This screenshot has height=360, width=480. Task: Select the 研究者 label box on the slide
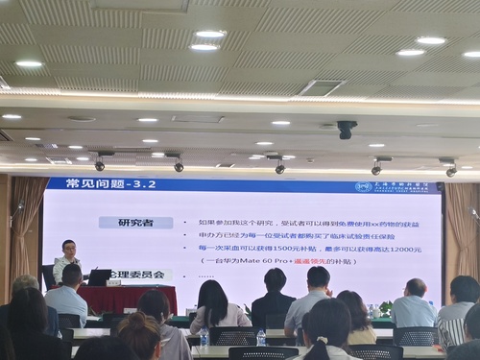[135, 223]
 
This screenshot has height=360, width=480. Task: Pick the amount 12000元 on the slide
[404, 249]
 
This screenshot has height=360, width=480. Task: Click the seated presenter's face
[68, 249]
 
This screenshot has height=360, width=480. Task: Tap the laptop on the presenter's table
[100, 276]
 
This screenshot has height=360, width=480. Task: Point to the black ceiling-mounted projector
[347, 129]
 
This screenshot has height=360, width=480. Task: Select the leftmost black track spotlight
[100, 164]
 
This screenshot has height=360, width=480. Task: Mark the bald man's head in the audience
[416, 288]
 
